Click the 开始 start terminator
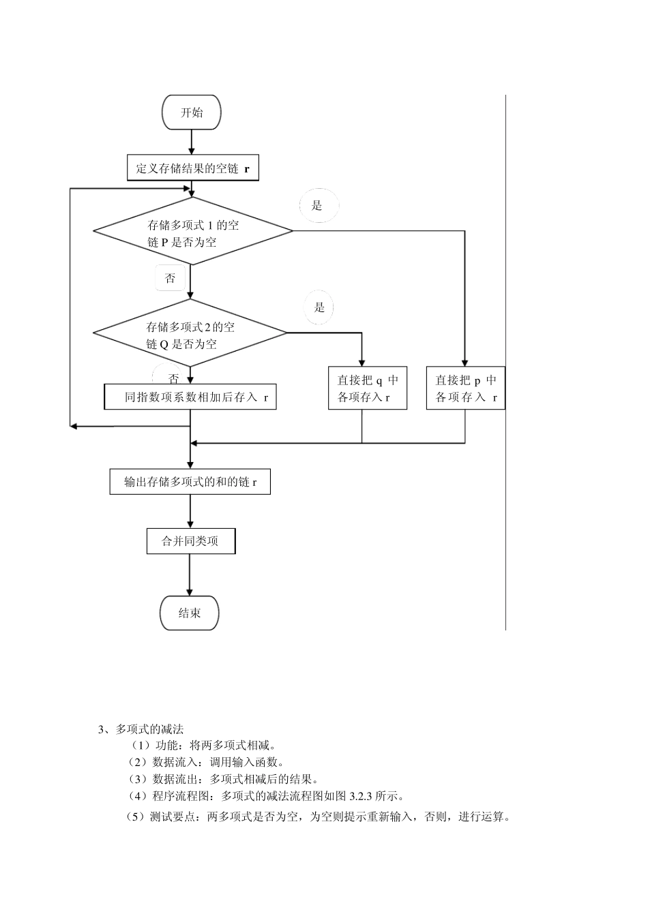click(192, 112)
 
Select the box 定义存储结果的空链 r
click(193, 168)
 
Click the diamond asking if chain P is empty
click(193, 232)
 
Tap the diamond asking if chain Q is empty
click(190, 334)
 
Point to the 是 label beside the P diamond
click(317, 205)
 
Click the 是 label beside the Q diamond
click(319, 307)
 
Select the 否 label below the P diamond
click(170, 278)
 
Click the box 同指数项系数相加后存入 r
click(190, 397)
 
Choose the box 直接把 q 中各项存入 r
click(368, 389)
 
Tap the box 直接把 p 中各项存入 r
click(466, 389)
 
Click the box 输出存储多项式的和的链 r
click(190, 482)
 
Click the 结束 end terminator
click(190, 613)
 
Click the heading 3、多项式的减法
click(141, 729)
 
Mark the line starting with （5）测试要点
click(317, 816)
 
